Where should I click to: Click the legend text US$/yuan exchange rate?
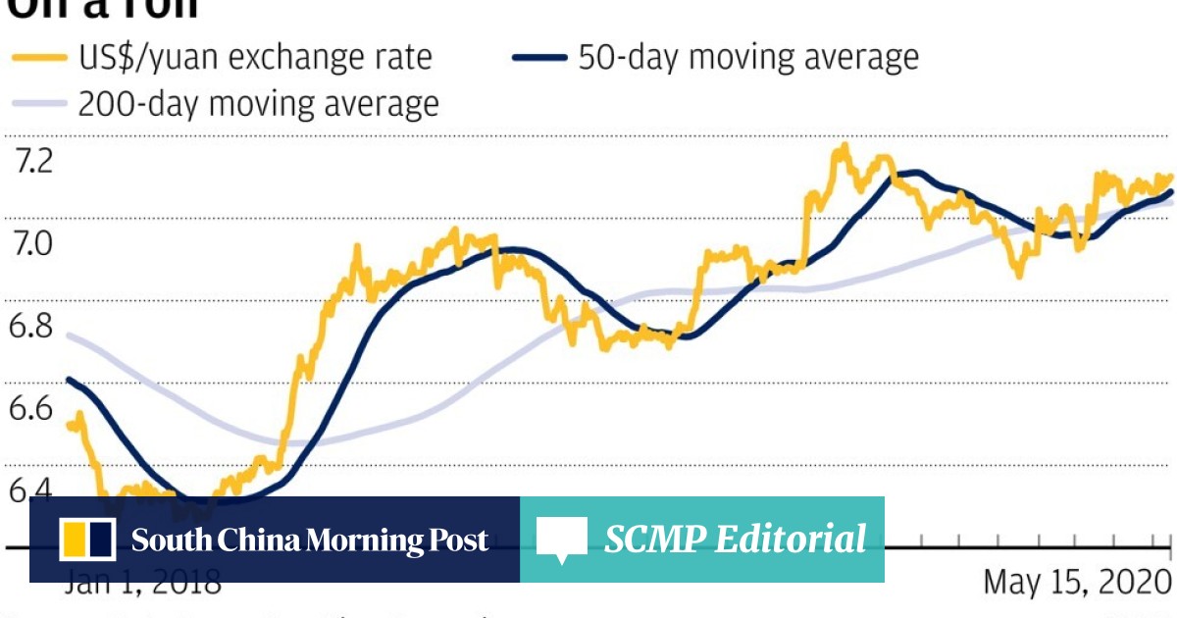tap(255, 57)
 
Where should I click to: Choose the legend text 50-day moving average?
tap(748, 57)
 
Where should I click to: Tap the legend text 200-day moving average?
tap(259, 103)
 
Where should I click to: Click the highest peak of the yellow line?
tap(843, 147)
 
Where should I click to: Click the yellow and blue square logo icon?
tap(88, 540)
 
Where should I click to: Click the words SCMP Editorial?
tap(735, 540)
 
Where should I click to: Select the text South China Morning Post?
tap(310, 540)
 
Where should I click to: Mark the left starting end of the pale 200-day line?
tap(68, 335)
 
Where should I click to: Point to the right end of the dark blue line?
tap(1171, 191)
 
